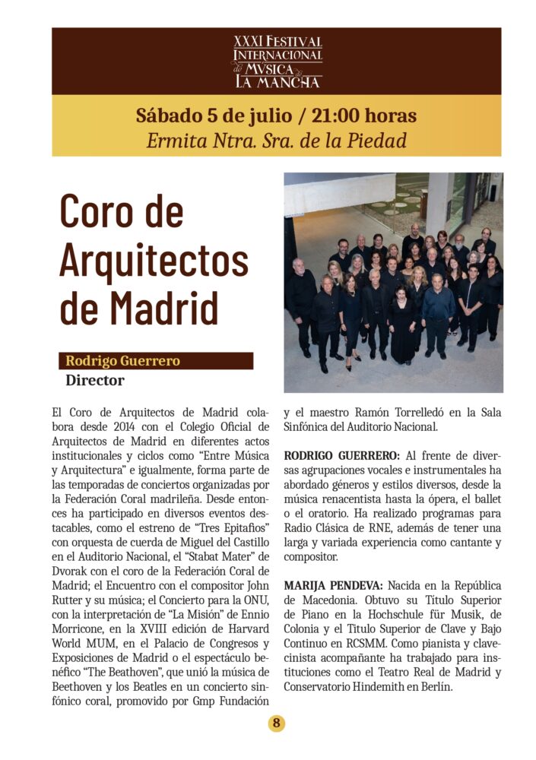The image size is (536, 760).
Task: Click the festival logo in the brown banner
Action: (278, 61)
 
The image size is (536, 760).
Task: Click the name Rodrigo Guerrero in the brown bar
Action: (122, 361)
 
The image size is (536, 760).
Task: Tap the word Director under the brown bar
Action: (94, 379)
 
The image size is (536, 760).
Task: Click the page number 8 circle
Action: (277, 724)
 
